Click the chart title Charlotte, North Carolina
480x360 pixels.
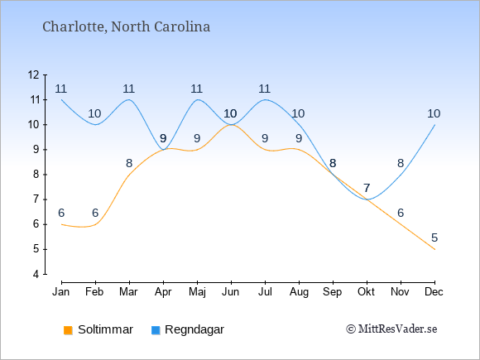point(126,26)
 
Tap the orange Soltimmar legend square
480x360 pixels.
point(68,330)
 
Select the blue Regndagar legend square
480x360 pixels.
point(156,330)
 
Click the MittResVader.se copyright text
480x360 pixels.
point(391,329)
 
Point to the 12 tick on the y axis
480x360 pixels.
point(34,74)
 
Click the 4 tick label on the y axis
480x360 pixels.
point(36,274)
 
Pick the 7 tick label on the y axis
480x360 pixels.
point(36,199)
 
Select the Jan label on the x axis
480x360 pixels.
point(61,292)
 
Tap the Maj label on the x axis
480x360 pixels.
point(197,292)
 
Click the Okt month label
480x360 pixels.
point(366,292)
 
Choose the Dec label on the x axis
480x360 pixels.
point(434,292)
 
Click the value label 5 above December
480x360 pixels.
point(434,238)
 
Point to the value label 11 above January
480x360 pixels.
point(61,89)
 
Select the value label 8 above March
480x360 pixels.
point(129,164)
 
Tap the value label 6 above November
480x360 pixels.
point(401,213)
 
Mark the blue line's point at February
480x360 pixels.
point(95,125)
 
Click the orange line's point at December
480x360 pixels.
point(434,249)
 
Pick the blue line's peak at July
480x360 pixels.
point(265,99)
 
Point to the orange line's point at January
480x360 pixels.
point(61,224)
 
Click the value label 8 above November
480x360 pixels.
point(401,164)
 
